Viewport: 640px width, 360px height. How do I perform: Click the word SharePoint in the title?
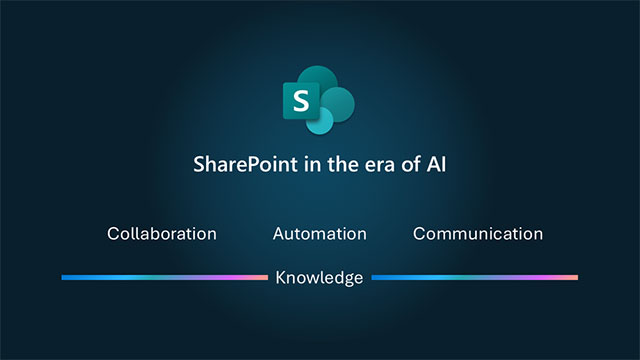[x=240, y=165]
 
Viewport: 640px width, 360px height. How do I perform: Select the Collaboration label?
[x=162, y=234]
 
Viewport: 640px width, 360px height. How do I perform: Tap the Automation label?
[x=319, y=234]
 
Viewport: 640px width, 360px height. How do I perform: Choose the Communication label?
[x=478, y=234]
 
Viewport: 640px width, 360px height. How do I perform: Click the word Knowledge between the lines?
[x=319, y=277]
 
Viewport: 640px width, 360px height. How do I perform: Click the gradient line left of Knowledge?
[x=164, y=277]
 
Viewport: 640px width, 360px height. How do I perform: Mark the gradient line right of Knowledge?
[x=475, y=277]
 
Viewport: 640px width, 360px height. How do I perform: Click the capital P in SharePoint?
[x=251, y=165]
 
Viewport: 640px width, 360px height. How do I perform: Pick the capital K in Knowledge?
[x=281, y=277]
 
